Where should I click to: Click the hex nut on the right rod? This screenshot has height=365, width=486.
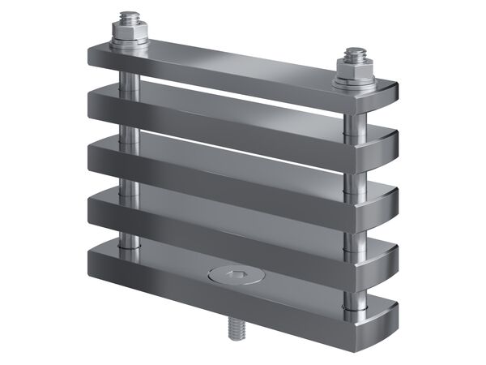pos(354,71)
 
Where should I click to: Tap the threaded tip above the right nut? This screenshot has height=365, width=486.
pos(354,55)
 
